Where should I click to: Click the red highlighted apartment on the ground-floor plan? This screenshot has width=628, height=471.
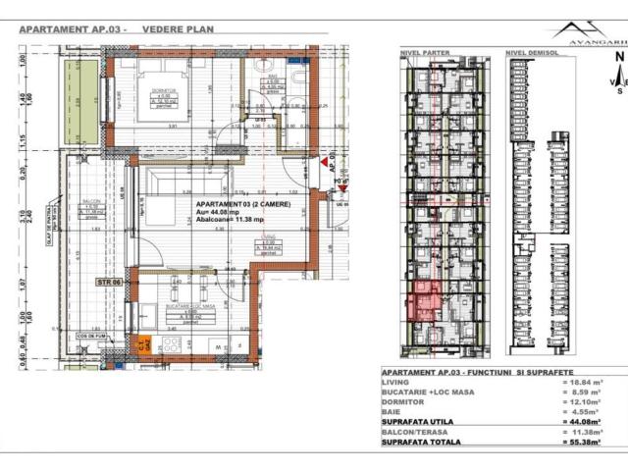(424, 298)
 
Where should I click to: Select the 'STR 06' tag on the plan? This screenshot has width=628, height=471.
(107, 282)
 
